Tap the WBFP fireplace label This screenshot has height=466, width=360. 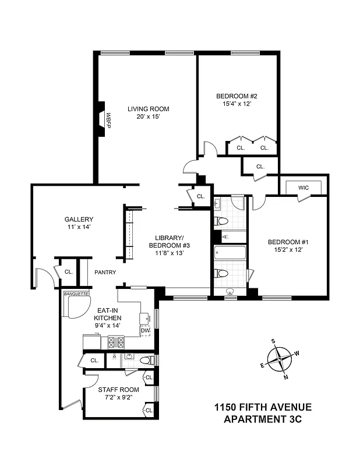click(x=108, y=119)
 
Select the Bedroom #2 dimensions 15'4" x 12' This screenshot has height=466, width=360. click(x=237, y=104)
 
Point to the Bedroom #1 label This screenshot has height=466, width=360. click(x=288, y=242)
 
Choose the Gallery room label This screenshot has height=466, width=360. click(x=79, y=220)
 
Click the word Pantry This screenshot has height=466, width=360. click(x=105, y=272)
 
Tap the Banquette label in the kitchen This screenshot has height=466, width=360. click(x=76, y=294)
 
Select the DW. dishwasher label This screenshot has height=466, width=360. click(x=146, y=330)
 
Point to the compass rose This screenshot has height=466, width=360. click(x=281, y=359)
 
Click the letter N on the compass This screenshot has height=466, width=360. click(x=286, y=377)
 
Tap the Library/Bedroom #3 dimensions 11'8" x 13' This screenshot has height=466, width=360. click(x=169, y=253)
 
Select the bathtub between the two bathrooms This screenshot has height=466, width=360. click(x=230, y=254)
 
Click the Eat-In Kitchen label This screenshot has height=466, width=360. click(x=108, y=314)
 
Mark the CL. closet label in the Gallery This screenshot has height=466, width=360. click(x=68, y=271)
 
